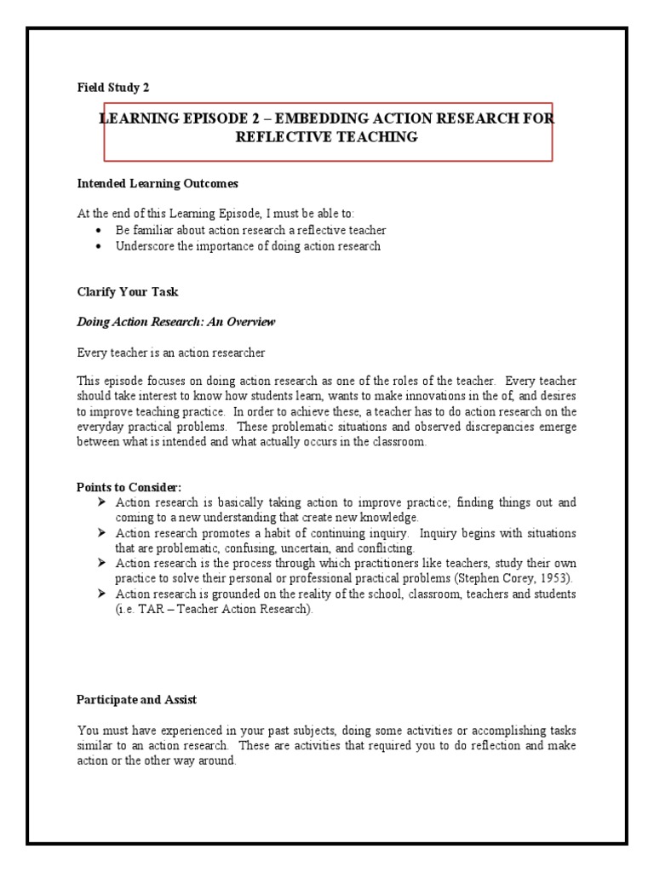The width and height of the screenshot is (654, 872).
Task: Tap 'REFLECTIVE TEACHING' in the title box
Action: pos(327,137)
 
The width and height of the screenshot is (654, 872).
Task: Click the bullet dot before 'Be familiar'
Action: pos(100,231)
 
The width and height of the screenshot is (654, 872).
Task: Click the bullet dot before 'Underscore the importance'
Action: pos(100,246)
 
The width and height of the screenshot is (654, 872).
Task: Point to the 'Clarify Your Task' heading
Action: pos(128,292)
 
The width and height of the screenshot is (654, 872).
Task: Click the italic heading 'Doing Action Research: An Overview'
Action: pos(176,322)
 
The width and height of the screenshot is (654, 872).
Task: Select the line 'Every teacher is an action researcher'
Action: pos(171,352)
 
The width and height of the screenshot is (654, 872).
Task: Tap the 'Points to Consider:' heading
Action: pos(129,486)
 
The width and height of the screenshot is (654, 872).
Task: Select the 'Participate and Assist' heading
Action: pos(137,699)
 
